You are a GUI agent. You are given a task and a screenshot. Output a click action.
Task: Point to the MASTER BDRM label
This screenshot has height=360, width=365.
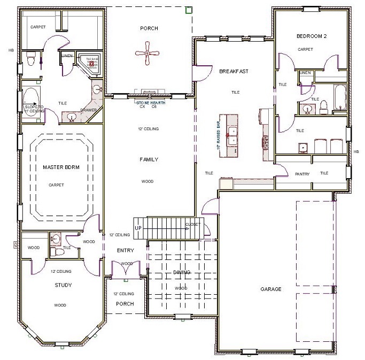[60, 167]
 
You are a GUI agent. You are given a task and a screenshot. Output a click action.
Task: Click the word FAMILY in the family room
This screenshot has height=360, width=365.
[149, 159]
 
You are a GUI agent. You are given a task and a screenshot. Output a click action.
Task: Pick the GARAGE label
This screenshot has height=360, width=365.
[271, 289]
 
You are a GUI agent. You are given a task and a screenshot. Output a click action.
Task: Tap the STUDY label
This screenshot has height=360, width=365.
[63, 285]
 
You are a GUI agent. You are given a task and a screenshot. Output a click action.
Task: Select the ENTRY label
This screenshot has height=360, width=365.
[125, 250]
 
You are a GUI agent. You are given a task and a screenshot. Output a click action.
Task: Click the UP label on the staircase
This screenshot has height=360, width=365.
[138, 228]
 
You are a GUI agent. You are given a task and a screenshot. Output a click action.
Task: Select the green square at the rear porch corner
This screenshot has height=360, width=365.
[188, 10]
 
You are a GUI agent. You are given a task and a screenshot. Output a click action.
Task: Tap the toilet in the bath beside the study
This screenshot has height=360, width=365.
[56, 239]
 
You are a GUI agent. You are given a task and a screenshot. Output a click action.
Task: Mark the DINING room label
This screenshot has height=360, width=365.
[181, 272]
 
